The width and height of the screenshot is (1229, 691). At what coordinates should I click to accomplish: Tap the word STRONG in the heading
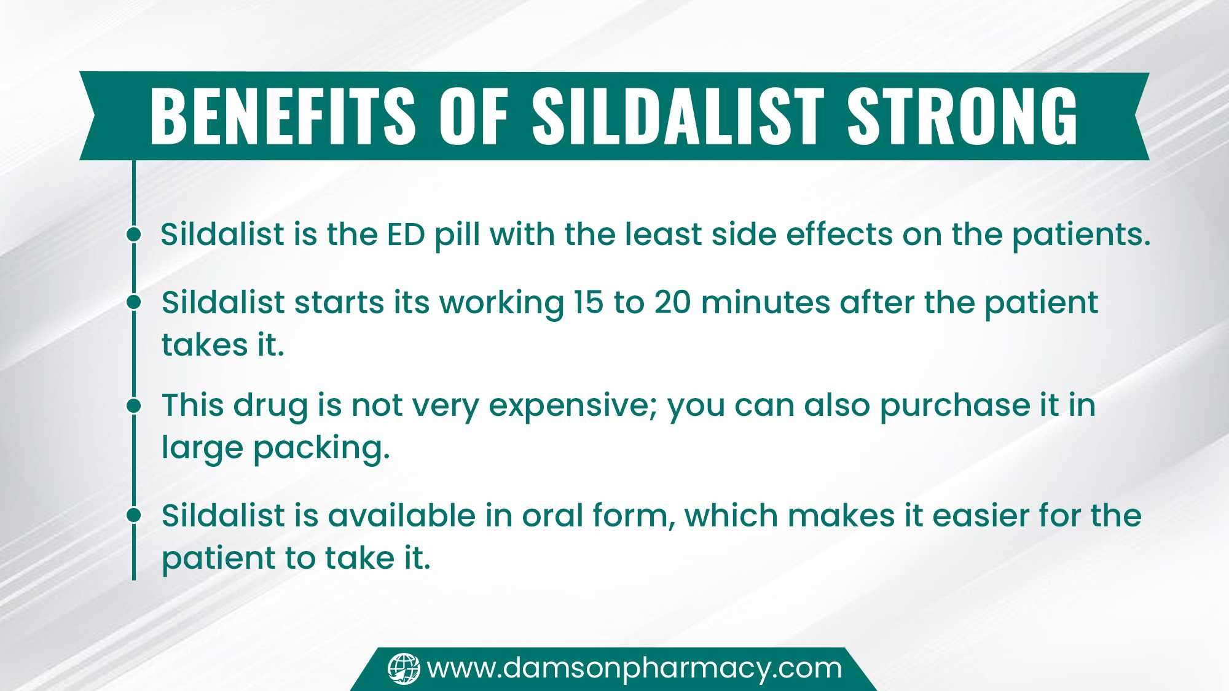click(963, 115)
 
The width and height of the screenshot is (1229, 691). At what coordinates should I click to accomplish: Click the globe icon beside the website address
click(404, 668)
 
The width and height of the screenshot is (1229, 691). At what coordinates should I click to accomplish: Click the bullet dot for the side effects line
click(133, 234)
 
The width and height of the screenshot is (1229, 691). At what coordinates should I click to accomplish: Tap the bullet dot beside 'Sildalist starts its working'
click(133, 302)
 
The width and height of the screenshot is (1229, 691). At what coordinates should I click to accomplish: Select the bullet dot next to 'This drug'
click(133, 405)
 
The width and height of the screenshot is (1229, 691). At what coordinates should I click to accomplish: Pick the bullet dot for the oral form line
click(133, 515)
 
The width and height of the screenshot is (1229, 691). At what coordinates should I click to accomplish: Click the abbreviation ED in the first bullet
click(406, 235)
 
